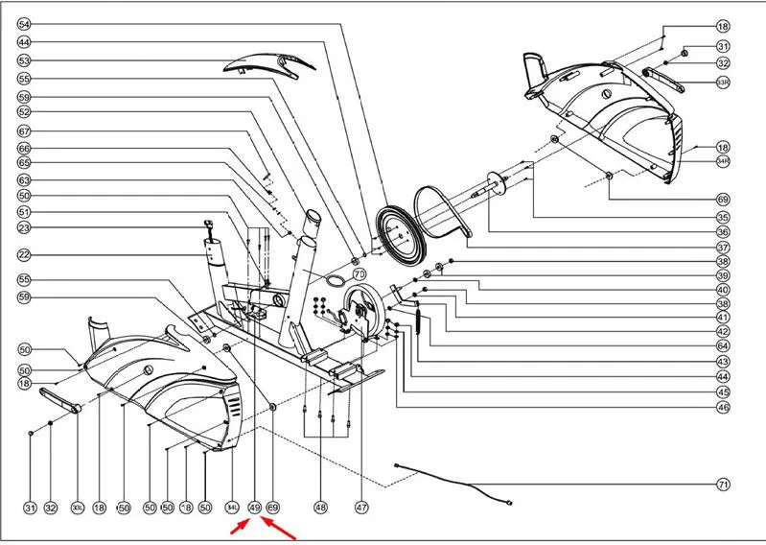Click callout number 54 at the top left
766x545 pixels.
pos(24,23)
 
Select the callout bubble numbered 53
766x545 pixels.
pos(24,60)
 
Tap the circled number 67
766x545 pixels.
pos(24,131)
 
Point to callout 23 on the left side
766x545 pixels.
pos(24,227)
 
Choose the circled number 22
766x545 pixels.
pos(24,255)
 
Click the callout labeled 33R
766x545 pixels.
pos(723,82)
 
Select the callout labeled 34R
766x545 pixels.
pos(723,161)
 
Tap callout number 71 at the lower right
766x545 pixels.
pos(723,484)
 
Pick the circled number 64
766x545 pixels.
pos(723,345)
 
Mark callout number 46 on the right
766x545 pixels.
pos(723,407)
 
